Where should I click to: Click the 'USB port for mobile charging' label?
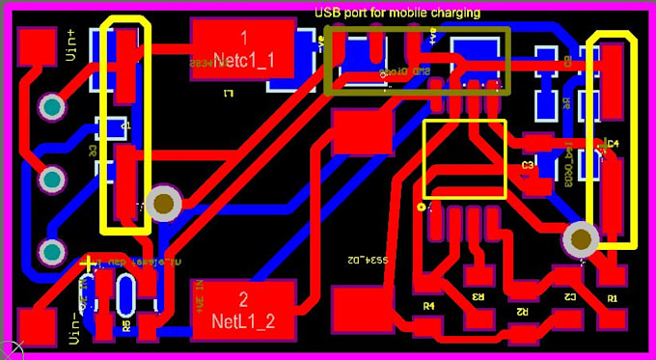tap(397, 12)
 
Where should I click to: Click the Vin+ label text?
tap(71, 46)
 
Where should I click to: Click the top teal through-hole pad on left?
tap(50, 107)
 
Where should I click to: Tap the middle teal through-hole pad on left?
tap(50, 180)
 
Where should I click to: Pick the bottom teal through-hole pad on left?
tap(50, 252)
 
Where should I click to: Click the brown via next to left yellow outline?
tap(165, 204)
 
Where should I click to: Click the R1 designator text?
tap(612, 299)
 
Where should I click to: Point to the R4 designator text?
tap(429, 305)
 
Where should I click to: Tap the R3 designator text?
tap(478, 296)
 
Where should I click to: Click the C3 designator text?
tap(528, 166)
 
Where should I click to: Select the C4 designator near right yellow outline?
tap(612, 145)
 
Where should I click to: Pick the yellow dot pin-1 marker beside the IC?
tap(420, 208)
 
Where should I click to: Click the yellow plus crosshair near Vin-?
tap(89, 263)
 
